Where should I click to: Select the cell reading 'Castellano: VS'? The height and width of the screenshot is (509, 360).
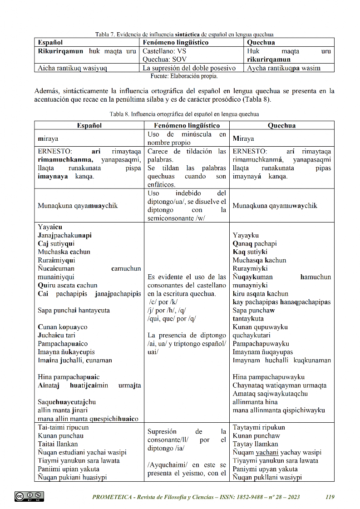point(164,51)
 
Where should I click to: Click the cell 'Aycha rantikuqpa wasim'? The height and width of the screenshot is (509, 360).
point(284,68)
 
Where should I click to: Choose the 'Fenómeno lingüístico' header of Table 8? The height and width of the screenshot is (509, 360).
point(187,125)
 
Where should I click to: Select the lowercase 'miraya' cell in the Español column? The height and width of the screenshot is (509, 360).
point(48,138)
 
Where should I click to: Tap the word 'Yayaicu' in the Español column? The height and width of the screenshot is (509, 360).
point(50,227)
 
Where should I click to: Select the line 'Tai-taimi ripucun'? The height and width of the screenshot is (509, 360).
point(64,427)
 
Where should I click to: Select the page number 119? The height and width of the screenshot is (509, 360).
point(330,497)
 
